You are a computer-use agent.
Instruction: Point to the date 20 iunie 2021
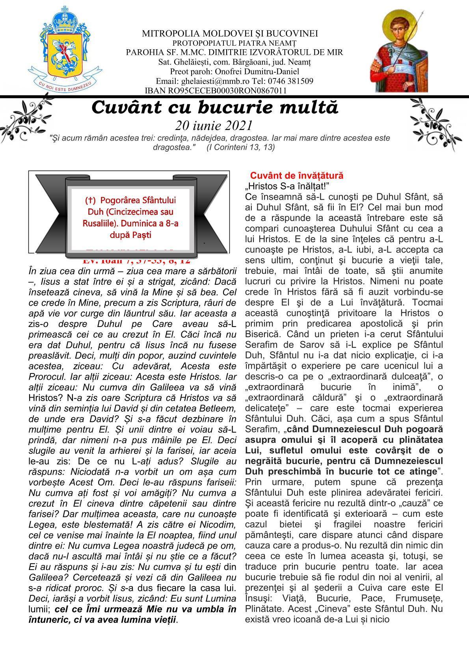(214, 125)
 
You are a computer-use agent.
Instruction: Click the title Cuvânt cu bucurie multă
(215, 108)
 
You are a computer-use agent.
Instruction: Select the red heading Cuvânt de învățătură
(297, 175)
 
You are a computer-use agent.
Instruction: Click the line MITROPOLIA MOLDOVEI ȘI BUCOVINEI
(230, 34)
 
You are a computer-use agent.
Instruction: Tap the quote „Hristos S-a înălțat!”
(287, 186)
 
